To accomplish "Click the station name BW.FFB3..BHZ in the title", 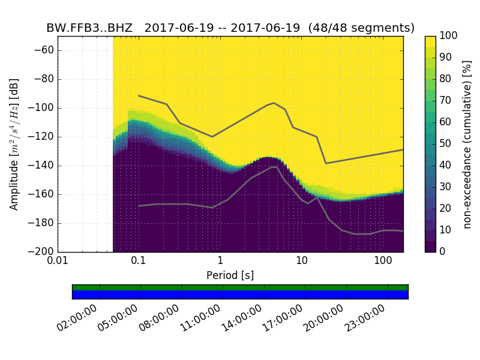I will point(89,28).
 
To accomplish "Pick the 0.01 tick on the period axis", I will point(58,262).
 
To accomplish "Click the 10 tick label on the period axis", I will point(302,262).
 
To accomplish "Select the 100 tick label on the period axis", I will point(383,262).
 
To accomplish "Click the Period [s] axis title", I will point(230,275).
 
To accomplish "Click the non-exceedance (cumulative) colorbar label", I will point(467,144).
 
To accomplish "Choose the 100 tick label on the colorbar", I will point(448,36).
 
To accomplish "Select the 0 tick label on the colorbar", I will point(443,252).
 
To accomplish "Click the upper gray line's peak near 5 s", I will point(274,103).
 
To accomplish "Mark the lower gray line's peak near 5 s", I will point(274,167).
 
